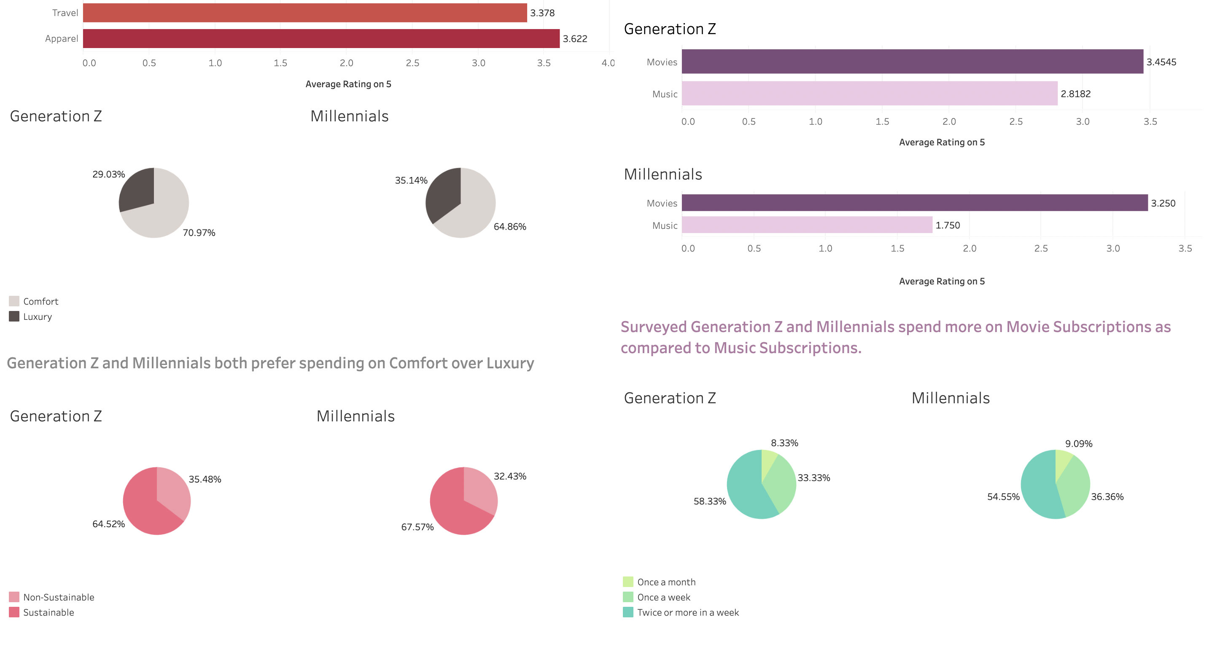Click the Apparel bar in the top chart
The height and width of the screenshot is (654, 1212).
pos(321,38)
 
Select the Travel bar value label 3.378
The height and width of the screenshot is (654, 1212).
pos(542,13)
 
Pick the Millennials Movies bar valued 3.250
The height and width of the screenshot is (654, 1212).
pos(914,203)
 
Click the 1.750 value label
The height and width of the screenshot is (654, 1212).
pos(947,225)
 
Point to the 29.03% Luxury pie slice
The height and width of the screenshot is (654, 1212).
pos(138,190)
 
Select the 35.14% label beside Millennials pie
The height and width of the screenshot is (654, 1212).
pos(411,180)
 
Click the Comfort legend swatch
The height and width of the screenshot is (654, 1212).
pos(14,301)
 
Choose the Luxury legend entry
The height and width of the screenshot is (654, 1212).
pos(37,317)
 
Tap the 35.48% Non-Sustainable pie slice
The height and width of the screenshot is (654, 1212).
pos(172,489)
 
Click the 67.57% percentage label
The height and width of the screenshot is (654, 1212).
pos(417,527)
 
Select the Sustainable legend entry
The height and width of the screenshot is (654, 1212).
pos(48,613)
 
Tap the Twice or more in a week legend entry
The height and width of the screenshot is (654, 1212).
pos(687,613)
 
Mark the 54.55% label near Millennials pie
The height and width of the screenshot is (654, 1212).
pos(1003,497)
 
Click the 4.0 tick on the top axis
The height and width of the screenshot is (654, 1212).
pos(607,63)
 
